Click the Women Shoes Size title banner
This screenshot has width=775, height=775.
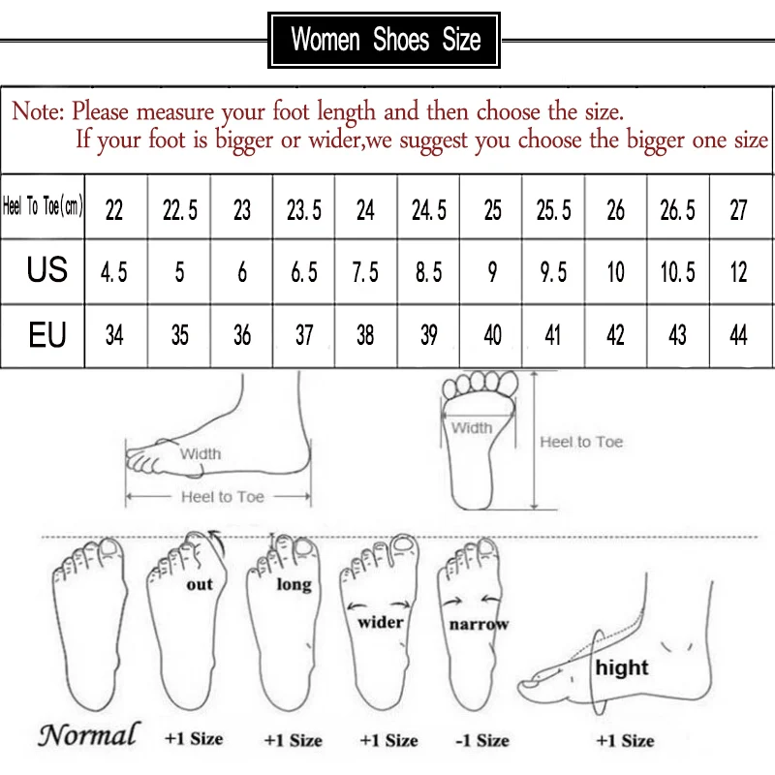coord(386,40)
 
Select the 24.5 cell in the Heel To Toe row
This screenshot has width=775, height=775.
coord(429,210)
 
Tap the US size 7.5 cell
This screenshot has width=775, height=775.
coord(365,272)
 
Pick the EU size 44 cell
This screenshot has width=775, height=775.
coord(739,335)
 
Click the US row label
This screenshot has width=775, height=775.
coord(46,270)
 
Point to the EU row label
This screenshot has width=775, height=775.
coord(46,334)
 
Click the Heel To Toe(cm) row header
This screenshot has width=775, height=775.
coord(44,208)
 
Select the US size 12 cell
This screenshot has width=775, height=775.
coord(739,272)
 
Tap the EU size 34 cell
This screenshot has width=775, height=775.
coord(114,335)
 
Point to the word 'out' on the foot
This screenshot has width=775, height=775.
coord(199,584)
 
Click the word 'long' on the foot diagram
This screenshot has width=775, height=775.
coord(294,584)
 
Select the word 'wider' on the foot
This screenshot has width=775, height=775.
coord(381,621)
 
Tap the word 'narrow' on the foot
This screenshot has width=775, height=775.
coord(479,625)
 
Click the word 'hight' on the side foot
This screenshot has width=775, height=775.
coord(622,667)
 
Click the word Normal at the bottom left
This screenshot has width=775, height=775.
coord(88,734)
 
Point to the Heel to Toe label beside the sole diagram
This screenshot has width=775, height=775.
coord(581,442)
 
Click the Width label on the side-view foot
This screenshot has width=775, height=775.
coord(201,453)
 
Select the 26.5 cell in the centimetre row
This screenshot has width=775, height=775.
coord(677,210)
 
